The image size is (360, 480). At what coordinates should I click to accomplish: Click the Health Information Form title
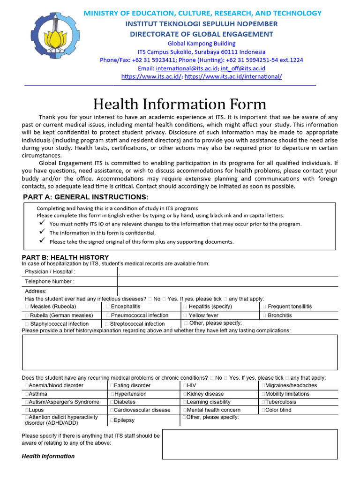tap(180, 104)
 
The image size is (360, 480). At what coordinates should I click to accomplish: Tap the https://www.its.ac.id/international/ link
tap(233, 76)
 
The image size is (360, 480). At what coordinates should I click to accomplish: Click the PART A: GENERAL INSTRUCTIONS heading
tap(86, 197)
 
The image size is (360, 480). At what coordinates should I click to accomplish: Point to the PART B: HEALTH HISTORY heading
tap(65, 257)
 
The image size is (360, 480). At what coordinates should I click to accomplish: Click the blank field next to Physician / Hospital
tap(227, 271)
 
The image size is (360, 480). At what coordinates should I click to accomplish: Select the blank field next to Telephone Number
tap(227, 282)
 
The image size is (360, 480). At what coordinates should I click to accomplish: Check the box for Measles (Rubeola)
tap(27, 307)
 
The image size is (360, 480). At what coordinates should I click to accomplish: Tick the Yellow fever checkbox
tap(186, 315)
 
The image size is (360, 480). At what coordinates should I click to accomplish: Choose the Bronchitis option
tap(264, 315)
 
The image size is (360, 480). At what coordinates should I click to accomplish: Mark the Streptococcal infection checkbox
tap(107, 324)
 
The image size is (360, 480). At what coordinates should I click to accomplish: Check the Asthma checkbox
tap(27, 394)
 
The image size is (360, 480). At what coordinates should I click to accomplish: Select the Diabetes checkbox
tap(112, 402)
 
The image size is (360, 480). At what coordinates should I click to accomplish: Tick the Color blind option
tap(263, 410)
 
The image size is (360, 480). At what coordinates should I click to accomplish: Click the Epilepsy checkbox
tap(112, 420)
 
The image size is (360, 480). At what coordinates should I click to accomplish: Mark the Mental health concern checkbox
tap(185, 410)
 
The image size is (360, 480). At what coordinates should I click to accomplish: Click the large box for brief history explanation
tap(180, 352)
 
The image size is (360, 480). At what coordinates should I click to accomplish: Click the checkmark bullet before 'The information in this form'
tap(41, 232)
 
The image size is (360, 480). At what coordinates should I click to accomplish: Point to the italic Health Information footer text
tap(48, 456)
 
